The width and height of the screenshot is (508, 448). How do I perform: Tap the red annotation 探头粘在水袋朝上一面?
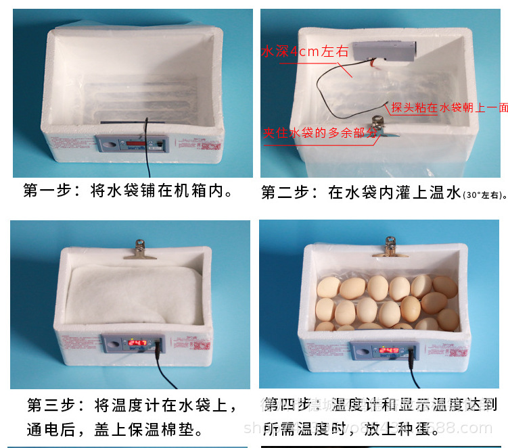click(x=450, y=107)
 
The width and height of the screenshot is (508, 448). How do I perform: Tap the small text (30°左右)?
click(x=484, y=195)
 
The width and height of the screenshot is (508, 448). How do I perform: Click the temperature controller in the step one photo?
click(x=133, y=144)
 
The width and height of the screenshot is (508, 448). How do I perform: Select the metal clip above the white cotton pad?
click(x=141, y=249)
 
